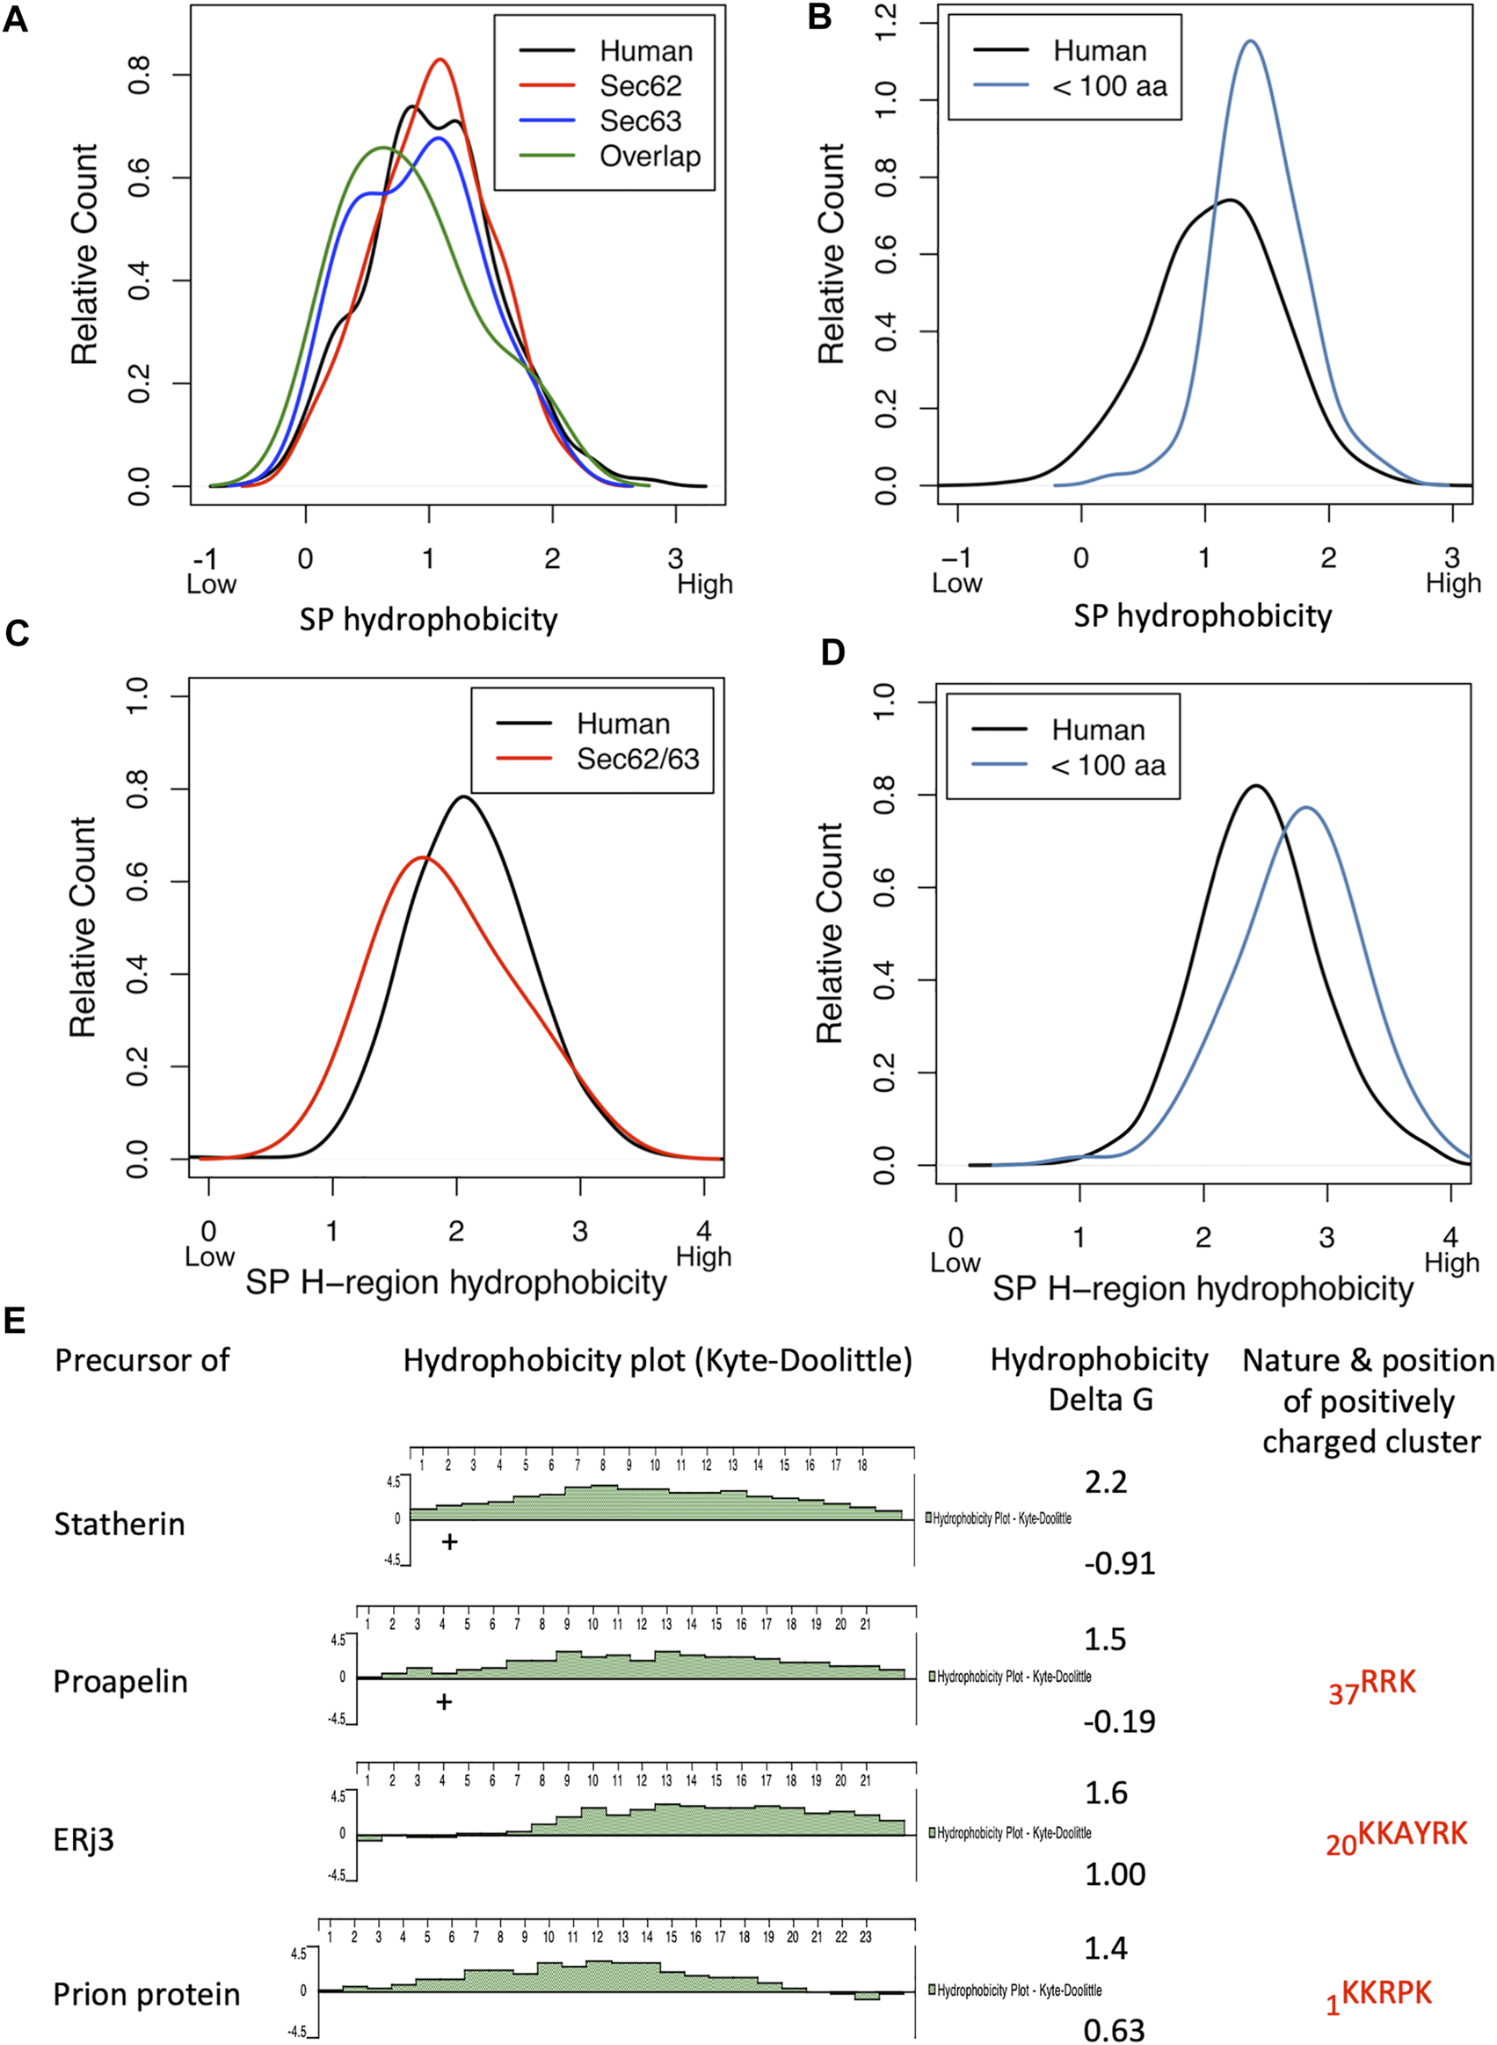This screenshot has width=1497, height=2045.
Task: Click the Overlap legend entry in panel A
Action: click(649, 156)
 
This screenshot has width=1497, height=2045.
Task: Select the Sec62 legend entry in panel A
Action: click(640, 86)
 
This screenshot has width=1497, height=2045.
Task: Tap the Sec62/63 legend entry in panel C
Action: click(637, 759)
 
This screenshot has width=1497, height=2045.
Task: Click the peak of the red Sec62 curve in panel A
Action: click(440, 60)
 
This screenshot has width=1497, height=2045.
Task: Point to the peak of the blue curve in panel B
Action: click(1252, 40)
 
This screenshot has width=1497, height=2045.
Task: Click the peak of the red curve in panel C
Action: click(423, 857)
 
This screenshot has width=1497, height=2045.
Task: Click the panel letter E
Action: click(13, 1321)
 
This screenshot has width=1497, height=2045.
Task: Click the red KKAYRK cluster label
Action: click(1397, 1837)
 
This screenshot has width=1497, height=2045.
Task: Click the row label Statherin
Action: click(119, 1524)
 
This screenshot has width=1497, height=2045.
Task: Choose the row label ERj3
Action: click(84, 1840)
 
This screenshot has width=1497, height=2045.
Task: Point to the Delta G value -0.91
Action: click(1119, 1563)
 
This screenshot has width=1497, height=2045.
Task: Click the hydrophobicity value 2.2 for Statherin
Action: click(1106, 1481)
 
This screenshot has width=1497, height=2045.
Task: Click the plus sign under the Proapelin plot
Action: click(443, 1701)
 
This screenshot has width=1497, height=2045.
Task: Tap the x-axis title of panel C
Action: click(456, 1282)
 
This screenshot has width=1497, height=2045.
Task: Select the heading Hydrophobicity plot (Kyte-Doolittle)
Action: click(657, 1360)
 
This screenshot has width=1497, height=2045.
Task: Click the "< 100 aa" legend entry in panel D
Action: click(1108, 766)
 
